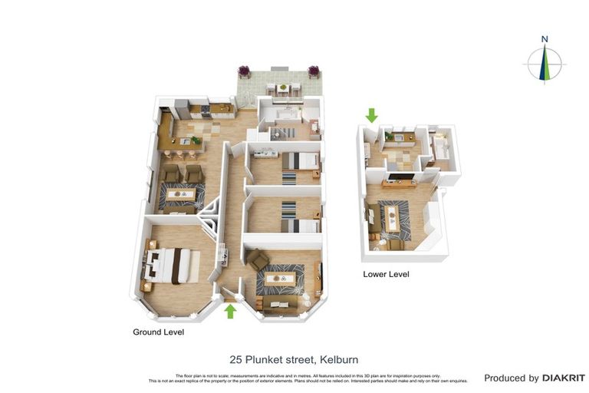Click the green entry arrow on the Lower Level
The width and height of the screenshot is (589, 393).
click(x=372, y=115)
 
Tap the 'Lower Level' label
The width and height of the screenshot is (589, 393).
click(x=386, y=274)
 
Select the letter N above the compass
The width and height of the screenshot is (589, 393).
click(x=544, y=39)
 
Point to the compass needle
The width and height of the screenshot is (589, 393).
click(x=544, y=63)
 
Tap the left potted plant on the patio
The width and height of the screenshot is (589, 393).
click(x=245, y=72)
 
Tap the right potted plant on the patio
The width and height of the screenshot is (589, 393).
click(x=313, y=72)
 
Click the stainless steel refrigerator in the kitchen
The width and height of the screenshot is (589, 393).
click(x=180, y=107)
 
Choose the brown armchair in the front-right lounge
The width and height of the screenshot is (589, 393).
click(x=258, y=260)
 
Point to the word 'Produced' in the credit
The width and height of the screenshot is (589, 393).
click(x=511, y=378)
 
